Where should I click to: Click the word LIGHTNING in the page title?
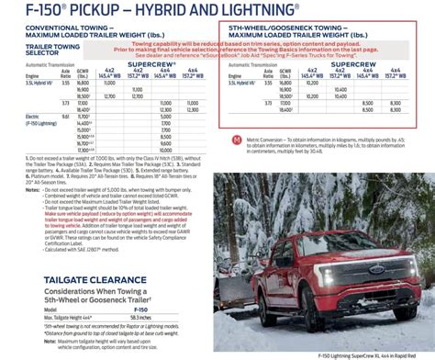(211, 12)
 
